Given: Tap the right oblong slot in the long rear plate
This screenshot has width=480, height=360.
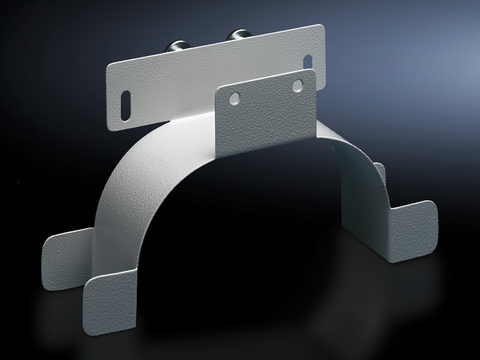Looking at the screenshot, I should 308,62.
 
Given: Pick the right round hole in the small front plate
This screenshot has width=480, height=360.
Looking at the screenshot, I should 297,85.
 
